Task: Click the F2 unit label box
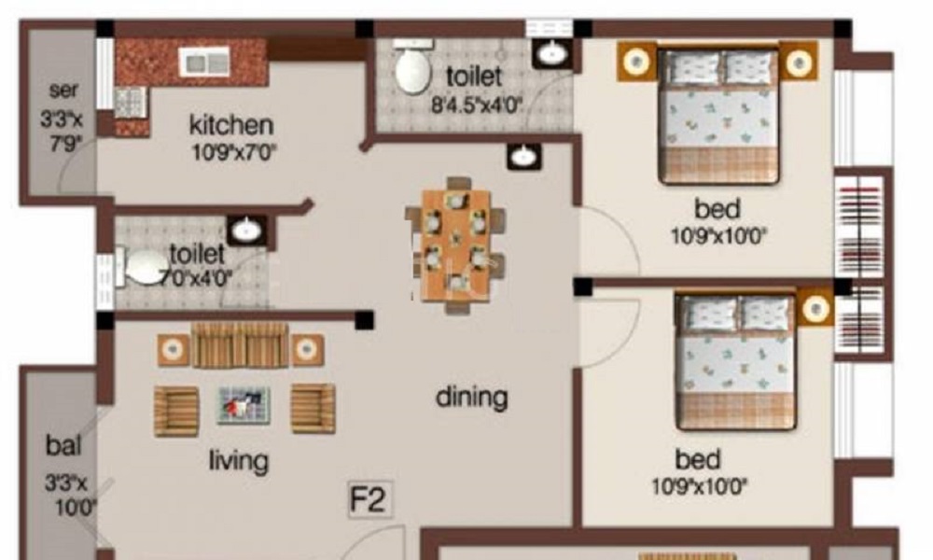coord(370,498)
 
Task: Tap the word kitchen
coord(231,125)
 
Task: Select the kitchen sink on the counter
coord(204,62)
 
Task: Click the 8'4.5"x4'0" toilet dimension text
coord(477,105)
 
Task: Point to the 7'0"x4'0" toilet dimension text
coord(196,278)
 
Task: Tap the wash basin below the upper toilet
coord(524,156)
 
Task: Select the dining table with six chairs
coord(456,245)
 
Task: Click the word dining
coord(472,398)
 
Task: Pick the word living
coord(239,461)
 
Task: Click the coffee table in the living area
coord(244,405)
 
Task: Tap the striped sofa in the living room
coord(241,345)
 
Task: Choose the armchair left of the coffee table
coord(176,412)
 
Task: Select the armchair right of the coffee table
coord(313,408)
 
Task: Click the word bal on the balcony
coord(63,445)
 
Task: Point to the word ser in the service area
coord(63,91)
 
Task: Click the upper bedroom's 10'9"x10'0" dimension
coord(718,237)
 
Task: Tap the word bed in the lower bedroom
coord(698,459)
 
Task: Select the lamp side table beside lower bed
coord(815,308)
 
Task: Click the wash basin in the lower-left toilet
coord(246,230)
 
